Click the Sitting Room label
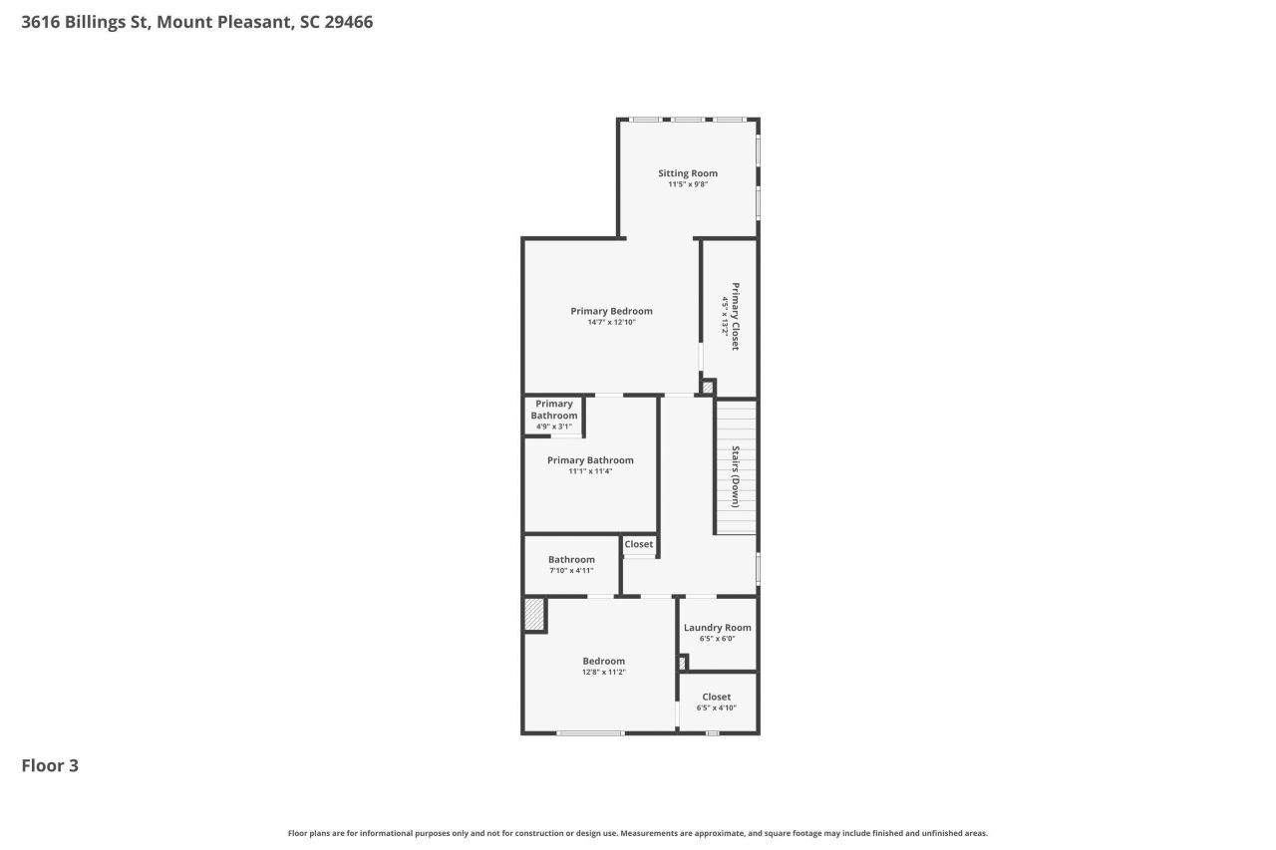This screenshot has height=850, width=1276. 687,173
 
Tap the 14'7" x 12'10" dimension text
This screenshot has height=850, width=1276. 611,323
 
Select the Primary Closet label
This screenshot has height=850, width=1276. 736,317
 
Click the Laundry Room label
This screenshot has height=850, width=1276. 717,628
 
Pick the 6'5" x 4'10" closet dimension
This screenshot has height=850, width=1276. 716,708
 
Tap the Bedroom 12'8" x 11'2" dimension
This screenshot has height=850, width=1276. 603,673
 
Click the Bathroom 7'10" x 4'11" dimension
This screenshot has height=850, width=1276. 571,571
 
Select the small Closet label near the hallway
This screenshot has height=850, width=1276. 639,544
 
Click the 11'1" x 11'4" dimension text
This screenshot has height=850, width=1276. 590,471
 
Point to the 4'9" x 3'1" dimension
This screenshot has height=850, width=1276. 553,426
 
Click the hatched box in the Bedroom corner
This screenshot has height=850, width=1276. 535,615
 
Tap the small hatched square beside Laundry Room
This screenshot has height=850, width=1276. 683,663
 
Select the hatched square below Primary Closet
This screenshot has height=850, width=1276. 708,388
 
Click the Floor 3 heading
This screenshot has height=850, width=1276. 50,765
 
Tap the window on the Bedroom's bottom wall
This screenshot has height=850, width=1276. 590,733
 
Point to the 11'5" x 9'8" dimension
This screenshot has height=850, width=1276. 687,184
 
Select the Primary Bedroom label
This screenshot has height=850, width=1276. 611,311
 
